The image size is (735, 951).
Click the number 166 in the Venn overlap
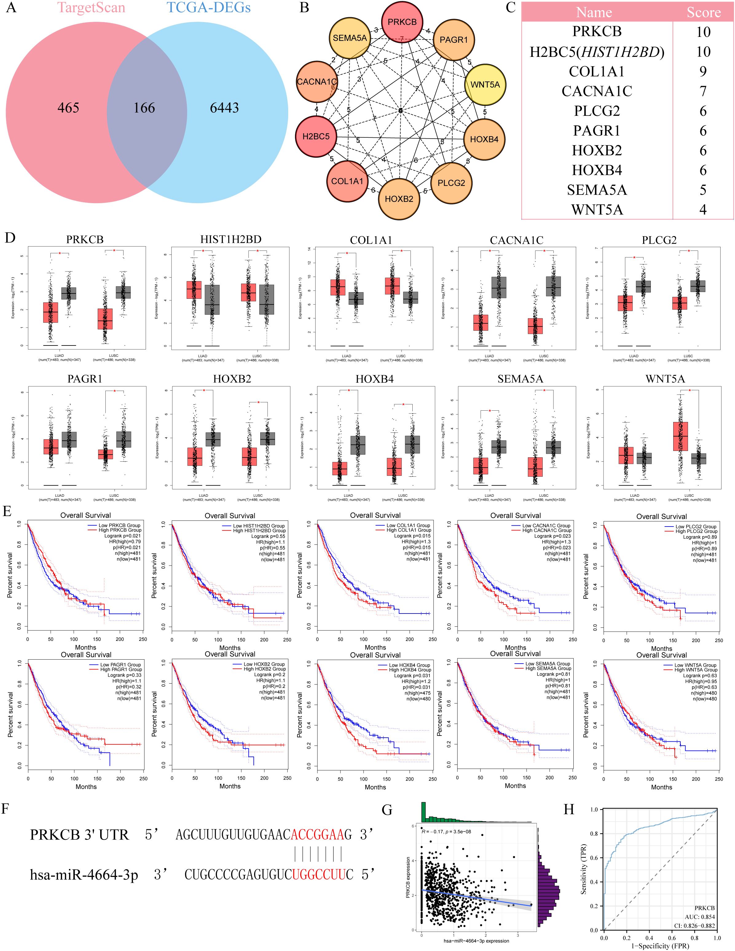click(x=144, y=108)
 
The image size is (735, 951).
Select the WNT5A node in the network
click(x=485, y=85)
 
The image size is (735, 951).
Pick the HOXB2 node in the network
click(x=399, y=199)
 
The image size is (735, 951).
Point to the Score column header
click(x=703, y=12)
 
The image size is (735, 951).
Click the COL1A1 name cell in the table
click(x=596, y=71)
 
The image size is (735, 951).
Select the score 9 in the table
click(x=703, y=71)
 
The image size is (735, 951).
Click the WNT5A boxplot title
click(x=665, y=379)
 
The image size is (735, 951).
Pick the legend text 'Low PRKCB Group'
click(x=120, y=525)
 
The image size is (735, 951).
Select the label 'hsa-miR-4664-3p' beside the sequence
click(x=84, y=874)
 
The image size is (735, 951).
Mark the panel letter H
click(x=569, y=810)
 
